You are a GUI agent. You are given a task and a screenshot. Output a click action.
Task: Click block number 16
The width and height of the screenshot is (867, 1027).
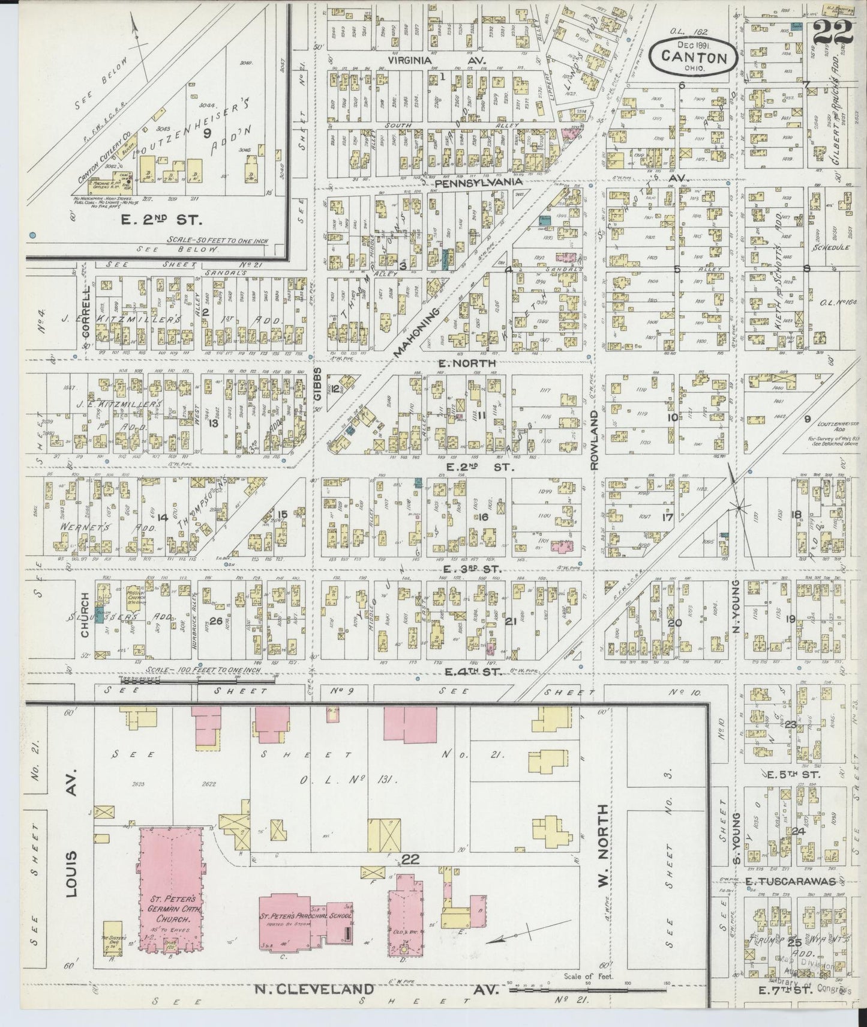(483, 517)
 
